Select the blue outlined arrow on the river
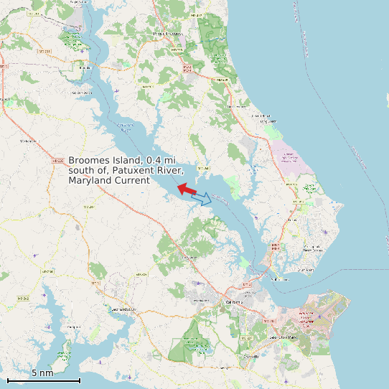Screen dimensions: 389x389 (203, 198)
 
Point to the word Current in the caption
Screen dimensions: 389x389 (133, 181)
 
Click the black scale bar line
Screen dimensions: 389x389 (43, 380)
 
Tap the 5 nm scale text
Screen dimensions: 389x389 (42, 372)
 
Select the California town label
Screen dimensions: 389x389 (235, 302)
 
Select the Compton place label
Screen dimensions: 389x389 (73, 327)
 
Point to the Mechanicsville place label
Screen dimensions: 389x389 (29, 141)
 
